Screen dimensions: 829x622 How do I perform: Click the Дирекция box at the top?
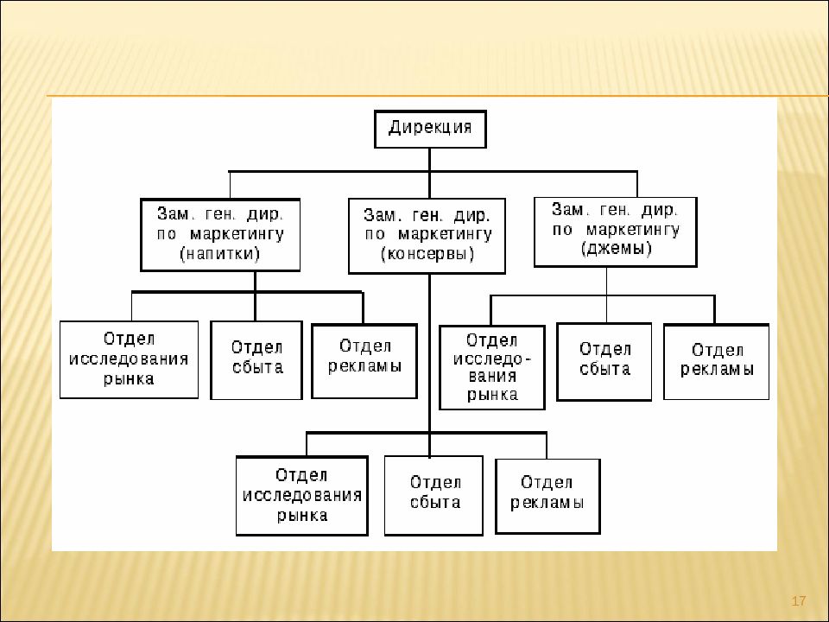pyautogui.click(x=430, y=129)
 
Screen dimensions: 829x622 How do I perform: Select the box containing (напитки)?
pyautogui.click(x=220, y=235)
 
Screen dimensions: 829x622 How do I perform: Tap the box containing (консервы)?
pyautogui.click(x=427, y=236)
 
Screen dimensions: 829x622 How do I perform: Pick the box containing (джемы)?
pyautogui.click(x=616, y=232)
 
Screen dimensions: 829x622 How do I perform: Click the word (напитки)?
pyautogui.click(x=220, y=254)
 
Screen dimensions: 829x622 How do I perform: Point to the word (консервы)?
pyautogui.click(x=427, y=254)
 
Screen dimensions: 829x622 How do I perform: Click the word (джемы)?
pyautogui.click(x=616, y=249)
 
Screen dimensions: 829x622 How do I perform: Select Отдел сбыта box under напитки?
pyautogui.click(x=256, y=360)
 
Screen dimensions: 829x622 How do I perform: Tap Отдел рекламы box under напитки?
pyautogui.click(x=364, y=361)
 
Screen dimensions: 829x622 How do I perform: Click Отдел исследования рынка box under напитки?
pyautogui.click(x=129, y=359)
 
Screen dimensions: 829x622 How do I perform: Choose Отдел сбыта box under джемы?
pyautogui.click(x=604, y=362)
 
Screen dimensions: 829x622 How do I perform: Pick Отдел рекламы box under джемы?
pyautogui.click(x=717, y=362)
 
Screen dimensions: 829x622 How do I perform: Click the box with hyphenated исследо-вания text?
pyautogui.click(x=492, y=368)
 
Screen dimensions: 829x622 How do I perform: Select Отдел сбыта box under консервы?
pyautogui.click(x=433, y=496)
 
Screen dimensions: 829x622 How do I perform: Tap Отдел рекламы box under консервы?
pyautogui.click(x=547, y=496)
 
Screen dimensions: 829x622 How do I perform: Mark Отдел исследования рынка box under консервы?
pyautogui.click(x=302, y=496)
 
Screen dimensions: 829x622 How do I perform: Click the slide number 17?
pyautogui.click(x=798, y=601)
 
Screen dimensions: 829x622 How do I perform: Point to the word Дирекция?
pyautogui.click(x=430, y=128)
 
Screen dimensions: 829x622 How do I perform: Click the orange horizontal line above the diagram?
pyautogui.click(x=437, y=96)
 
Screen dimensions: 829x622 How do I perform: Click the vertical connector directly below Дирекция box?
pyautogui.click(x=429, y=160)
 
